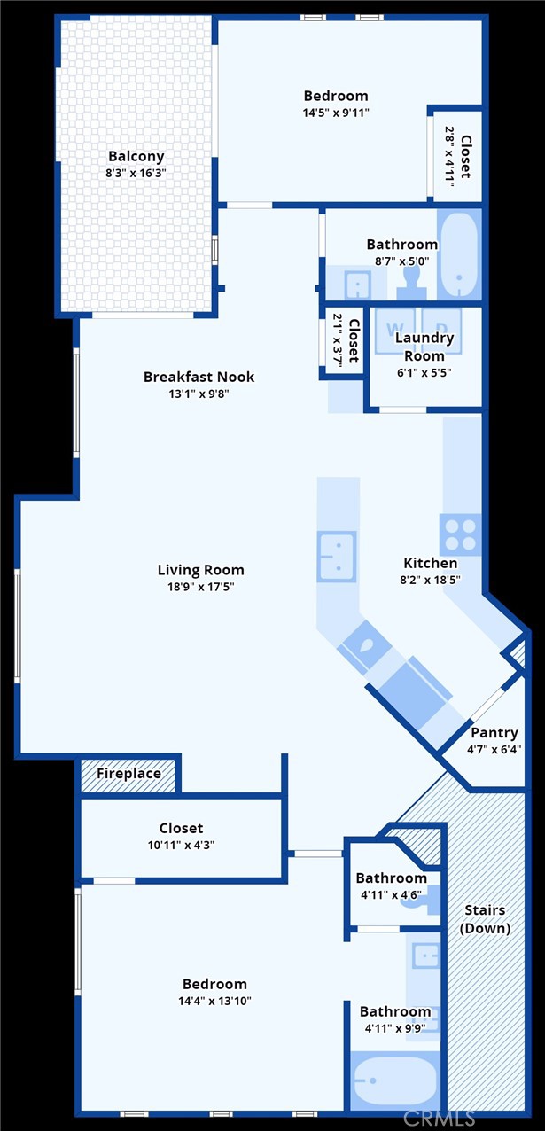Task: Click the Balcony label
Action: tap(136, 157)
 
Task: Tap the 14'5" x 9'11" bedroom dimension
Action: tap(335, 113)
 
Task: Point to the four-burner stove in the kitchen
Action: tap(461, 534)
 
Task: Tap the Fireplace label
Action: tap(128, 774)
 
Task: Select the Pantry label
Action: tap(494, 733)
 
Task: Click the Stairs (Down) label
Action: tap(485, 919)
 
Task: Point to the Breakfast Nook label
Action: tap(199, 377)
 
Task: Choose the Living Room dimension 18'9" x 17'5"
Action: tap(200, 587)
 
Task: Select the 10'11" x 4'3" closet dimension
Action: tap(181, 846)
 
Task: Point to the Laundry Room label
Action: tap(424, 347)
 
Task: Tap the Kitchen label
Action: tap(431, 563)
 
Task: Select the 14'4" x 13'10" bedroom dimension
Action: tap(214, 1001)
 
